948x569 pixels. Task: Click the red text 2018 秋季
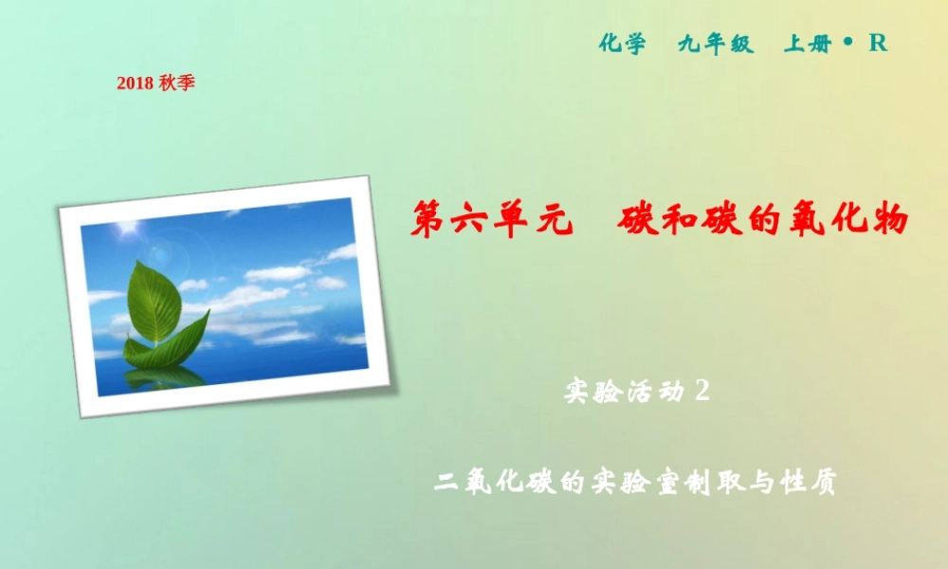pyautogui.click(x=155, y=83)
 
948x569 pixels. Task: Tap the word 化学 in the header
pyautogui.click(x=623, y=44)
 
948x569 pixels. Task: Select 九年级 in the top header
pyautogui.click(x=715, y=44)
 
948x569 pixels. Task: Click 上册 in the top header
pyautogui.click(x=807, y=44)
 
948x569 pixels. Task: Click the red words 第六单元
pyautogui.click(x=493, y=220)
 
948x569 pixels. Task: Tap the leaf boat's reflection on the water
pyautogui.click(x=166, y=376)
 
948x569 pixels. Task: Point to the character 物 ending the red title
pyautogui.click(x=887, y=220)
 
